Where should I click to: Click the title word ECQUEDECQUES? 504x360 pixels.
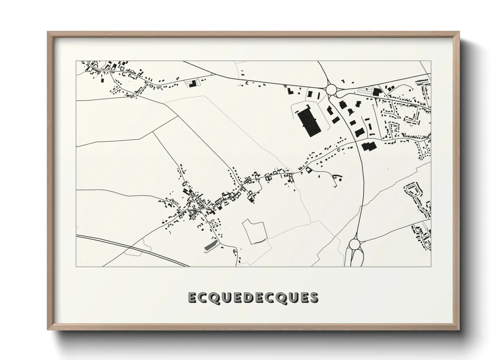(x=253, y=297)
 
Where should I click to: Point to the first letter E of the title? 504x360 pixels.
(x=192, y=297)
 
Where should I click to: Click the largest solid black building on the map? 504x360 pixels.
(x=309, y=122)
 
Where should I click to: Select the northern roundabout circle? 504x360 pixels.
(x=331, y=90)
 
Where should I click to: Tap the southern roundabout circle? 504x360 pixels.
(x=355, y=244)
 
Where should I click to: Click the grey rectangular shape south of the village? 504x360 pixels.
(x=210, y=246)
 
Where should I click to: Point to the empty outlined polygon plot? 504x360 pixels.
(x=254, y=231)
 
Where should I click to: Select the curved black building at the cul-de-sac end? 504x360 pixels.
(x=338, y=177)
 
